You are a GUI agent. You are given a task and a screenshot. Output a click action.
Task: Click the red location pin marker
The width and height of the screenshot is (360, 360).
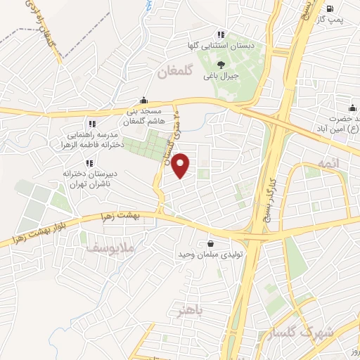(181, 165)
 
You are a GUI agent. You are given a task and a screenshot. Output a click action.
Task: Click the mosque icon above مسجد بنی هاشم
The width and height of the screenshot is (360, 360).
(144, 100)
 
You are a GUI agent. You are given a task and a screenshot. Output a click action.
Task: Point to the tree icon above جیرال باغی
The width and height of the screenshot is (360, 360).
(221, 64)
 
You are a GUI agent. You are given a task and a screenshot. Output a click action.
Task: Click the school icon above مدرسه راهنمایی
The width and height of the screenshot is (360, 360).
(92, 124)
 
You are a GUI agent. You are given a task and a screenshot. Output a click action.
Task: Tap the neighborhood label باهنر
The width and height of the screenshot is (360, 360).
(189, 311)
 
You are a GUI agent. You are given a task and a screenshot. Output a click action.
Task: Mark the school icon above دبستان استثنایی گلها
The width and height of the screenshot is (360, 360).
(221, 34)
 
